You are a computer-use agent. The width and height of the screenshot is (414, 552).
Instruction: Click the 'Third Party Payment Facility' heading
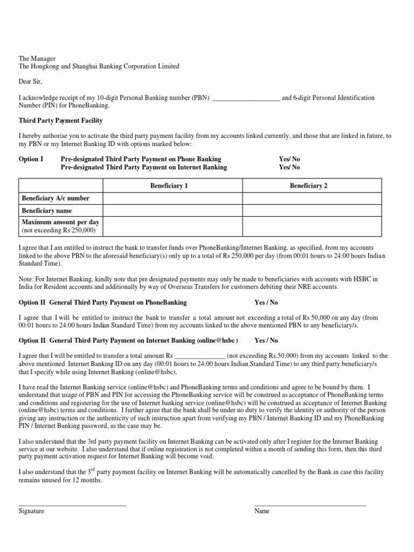(60, 121)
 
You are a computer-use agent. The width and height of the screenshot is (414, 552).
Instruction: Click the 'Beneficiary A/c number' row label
(56, 198)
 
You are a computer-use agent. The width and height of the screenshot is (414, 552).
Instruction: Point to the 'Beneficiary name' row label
(47, 211)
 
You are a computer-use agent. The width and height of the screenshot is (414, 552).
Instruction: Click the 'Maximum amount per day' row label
(60, 222)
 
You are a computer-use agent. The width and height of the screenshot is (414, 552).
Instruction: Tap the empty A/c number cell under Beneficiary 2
(312, 198)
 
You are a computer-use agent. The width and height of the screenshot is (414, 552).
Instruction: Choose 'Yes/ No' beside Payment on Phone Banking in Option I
(289, 160)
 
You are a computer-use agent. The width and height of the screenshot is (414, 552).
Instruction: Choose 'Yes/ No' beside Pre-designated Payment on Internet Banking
(289, 168)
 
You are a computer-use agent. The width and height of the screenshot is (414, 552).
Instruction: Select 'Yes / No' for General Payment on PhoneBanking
(266, 303)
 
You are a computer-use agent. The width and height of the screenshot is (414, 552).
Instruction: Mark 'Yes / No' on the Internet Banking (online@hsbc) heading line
(266, 341)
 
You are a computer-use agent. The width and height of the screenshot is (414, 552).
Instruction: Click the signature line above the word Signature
(72, 505)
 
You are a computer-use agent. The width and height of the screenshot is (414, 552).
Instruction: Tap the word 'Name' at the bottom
(262, 511)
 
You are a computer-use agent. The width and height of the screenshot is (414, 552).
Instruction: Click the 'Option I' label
(31, 160)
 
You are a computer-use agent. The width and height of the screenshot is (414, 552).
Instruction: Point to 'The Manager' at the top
(37, 58)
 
